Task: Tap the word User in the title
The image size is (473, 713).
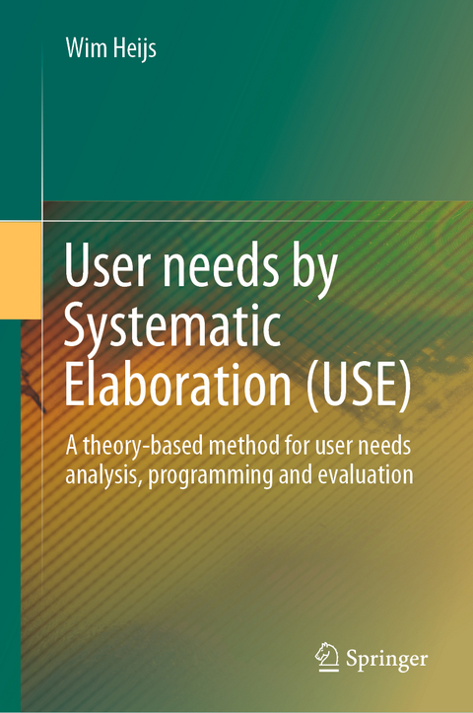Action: click(107, 269)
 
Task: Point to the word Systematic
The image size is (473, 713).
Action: click(173, 326)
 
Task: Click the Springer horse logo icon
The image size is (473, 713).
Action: click(327, 655)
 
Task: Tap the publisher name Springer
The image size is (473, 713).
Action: click(386, 657)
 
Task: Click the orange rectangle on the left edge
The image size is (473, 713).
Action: click(21, 270)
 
